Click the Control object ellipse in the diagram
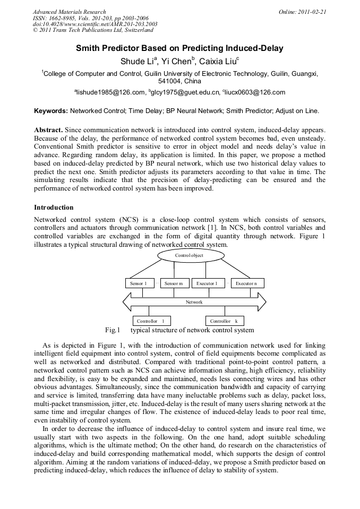189,255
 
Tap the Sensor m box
174,283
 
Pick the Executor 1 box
207,283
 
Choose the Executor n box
247,283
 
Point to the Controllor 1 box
150,321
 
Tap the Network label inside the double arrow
194,302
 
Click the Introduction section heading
54,208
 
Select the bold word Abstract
48,130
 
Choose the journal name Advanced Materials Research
69,12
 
